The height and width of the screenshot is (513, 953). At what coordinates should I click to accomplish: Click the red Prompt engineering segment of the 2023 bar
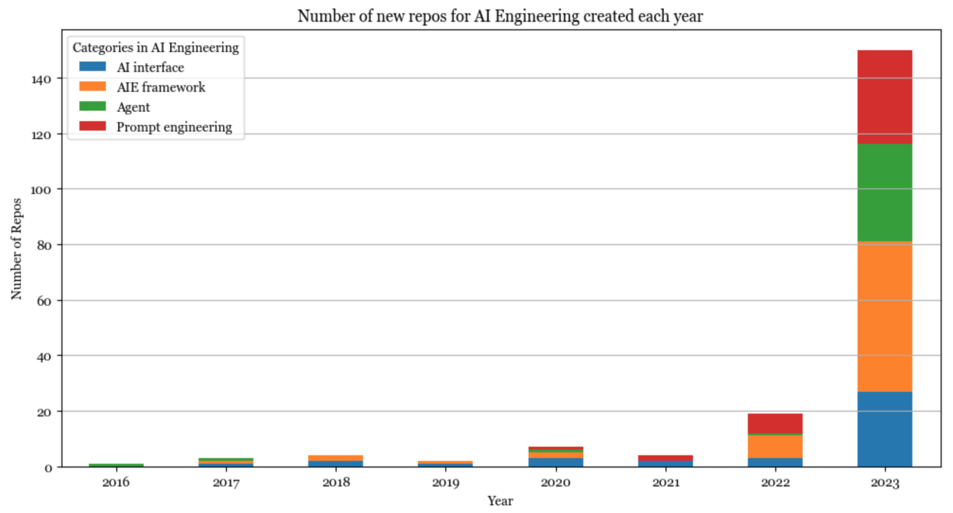[x=884, y=97]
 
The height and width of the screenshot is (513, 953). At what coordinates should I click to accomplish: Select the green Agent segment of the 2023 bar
[x=884, y=192]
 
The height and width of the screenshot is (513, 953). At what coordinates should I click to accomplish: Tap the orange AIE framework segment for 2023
[x=884, y=316]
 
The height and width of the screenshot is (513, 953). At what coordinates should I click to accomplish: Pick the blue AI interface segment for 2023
[x=884, y=429]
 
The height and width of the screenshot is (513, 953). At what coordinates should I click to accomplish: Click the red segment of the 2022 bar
[x=775, y=423]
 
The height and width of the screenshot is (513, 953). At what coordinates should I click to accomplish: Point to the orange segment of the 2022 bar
[x=775, y=447]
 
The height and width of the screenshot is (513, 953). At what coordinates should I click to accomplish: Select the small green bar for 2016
[x=116, y=465]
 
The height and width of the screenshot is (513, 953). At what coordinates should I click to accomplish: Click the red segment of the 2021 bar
[x=665, y=458]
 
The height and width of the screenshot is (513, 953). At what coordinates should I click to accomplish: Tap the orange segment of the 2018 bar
[x=336, y=458]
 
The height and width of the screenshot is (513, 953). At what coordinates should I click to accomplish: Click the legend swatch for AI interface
[x=92, y=67]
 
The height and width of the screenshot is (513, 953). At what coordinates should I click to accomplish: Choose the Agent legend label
[x=133, y=107]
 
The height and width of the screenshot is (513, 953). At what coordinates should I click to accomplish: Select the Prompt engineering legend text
[x=174, y=127]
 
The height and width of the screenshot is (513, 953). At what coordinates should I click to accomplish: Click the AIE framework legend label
[x=161, y=87]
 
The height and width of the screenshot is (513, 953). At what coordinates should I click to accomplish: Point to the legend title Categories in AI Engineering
[x=155, y=48]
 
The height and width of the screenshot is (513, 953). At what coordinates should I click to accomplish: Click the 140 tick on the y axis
[x=41, y=79]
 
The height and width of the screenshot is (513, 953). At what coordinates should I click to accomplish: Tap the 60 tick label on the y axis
[x=44, y=301]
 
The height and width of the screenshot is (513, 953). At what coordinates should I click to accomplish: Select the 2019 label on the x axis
[x=445, y=483]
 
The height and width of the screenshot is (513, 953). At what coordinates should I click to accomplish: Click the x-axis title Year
[x=500, y=501]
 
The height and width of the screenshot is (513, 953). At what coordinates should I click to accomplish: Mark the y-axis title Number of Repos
[x=17, y=249]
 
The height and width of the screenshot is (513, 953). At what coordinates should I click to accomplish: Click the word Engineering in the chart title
[x=537, y=16]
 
